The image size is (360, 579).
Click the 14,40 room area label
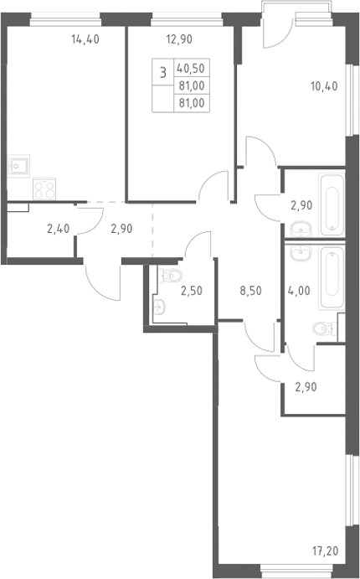point(85,39)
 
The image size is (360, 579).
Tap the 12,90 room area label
point(179,39)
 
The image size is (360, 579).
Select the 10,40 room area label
point(324,86)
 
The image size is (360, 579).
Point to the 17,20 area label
point(325,551)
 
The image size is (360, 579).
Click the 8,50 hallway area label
point(251,291)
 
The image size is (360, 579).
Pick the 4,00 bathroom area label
point(299,291)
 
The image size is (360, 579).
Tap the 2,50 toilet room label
point(192,291)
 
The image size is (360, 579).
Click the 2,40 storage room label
point(59,229)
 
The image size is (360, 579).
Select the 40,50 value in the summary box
point(191,68)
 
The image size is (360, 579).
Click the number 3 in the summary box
point(162,72)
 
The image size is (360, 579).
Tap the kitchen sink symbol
point(18,166)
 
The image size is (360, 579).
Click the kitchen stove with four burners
point(44,189)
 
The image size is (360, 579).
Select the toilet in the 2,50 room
point(171,276)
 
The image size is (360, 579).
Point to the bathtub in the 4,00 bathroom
point(332,278)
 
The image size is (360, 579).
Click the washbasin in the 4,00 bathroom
point(301,252)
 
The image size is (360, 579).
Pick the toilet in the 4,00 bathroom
point(325,328)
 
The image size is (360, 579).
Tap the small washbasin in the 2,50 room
point(159,307)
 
